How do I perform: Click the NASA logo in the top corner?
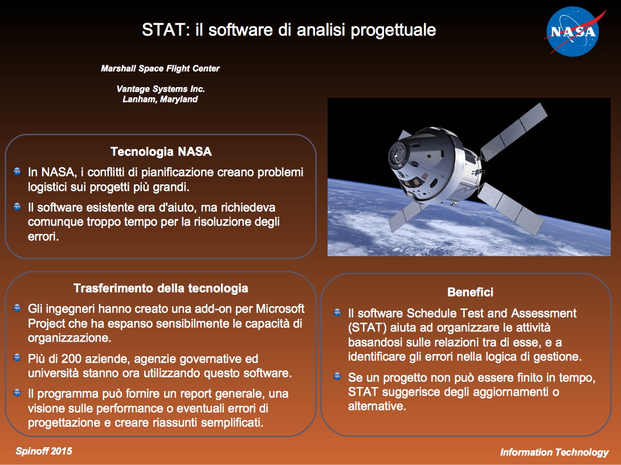tap(574, 32)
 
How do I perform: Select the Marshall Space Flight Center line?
tap(160, 68)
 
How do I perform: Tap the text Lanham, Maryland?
tap(160, 99)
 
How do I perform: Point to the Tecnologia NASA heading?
tap(161, 151)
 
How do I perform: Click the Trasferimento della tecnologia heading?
tap(161, 288)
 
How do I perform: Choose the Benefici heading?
tap(470, 292)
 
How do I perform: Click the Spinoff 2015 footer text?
tap(44, 451)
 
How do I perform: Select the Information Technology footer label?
tap(554, 452)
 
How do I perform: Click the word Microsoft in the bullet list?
tap(280, 308)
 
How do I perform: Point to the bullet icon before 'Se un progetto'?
tap(337, 376)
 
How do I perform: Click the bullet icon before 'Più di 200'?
tap(17, 357)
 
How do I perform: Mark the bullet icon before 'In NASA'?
tap(17, 171)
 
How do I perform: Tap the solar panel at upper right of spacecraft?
tap(514, 132)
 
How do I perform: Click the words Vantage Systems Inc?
tap(161, 89)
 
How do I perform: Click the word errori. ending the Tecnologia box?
tap(43, 237)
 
